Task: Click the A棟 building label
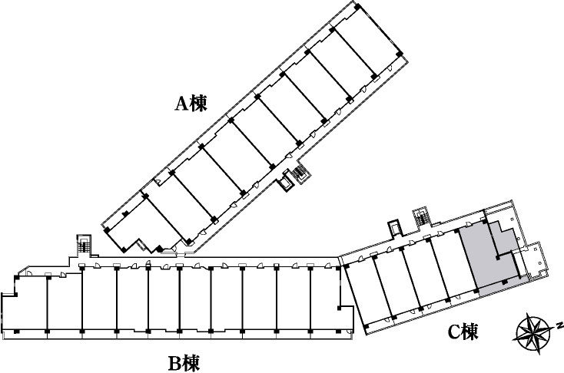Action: (x=191, y=103)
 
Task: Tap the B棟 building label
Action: (x=184, y=362)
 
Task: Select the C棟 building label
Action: (x=463, y=332)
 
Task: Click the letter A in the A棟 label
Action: (x=181, y=104)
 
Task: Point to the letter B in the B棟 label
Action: (x=175, y=363)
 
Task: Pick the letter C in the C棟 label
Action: (x=454, y=332)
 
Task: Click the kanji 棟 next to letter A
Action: (x=199, y=103)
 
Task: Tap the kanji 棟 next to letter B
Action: (x=191, y=362)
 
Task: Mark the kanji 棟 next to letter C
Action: (x=471, y=332)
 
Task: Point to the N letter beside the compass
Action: (x=559, y=325)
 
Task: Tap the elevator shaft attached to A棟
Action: (x=287, y=183)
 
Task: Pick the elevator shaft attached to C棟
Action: (x=394, y=227)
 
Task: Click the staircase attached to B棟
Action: (x=85, y=245)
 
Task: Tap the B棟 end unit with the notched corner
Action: (x=25, y=302)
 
